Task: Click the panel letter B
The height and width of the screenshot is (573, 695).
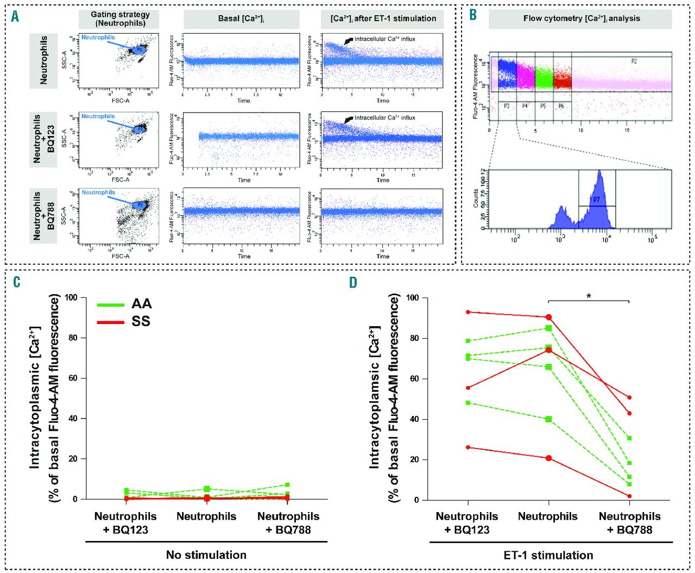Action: coord(473,15)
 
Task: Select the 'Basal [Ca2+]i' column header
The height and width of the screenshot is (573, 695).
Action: coord(241,19)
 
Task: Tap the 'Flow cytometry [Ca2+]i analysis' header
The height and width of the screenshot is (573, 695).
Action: coord(582,19)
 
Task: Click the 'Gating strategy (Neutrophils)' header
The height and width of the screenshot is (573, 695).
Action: coord(119,19)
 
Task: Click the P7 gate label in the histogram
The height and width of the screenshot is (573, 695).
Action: coord(596,200)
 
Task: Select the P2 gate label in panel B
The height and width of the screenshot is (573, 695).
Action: coord(634,61)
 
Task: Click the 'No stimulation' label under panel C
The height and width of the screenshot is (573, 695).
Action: coord(206,555)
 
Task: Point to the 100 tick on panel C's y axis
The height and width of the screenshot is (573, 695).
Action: coord(72,297)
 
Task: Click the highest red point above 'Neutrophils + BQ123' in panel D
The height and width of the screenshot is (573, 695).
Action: coord(467,312)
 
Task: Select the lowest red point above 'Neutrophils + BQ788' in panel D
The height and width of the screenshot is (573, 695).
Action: coord(629,496)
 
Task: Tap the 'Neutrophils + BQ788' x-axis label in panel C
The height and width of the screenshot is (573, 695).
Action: coord(288,522)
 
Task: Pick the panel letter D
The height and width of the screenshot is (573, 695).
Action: coord(353,282)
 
